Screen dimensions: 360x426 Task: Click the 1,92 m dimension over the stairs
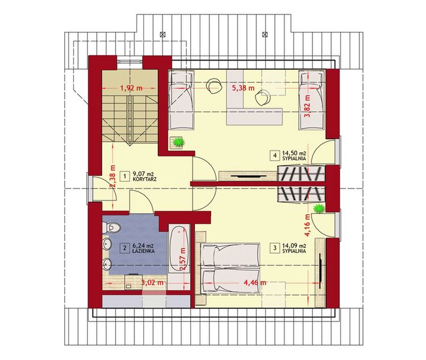(131, 88)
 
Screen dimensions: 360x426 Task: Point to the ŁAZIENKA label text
(145, 252)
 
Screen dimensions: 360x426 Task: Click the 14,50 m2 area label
(295, 154)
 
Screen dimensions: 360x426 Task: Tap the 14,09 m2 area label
(295, 245)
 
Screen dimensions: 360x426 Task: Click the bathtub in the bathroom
(177, 249)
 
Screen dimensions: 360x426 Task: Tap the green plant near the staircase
(178, 142)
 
